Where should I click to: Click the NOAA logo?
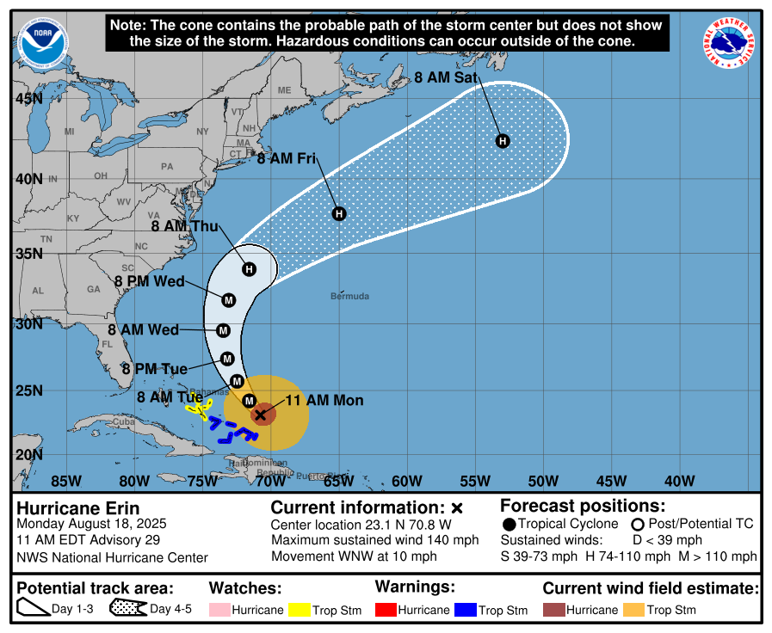(40, 44)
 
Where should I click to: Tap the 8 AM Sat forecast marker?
(503, 141)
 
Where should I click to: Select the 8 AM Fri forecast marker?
(339, 213)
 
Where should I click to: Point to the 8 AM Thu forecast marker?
(249, 269)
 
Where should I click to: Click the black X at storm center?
(261, 415)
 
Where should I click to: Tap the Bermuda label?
(349, 297)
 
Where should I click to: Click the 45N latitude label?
(28, 99)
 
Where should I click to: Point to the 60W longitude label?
(406, 480)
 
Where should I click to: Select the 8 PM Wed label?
(150, 281)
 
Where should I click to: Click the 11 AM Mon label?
(324, 401)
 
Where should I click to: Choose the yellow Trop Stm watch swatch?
(299, 610)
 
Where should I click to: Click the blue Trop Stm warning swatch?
(466, 610)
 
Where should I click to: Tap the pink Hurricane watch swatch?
(219, 610)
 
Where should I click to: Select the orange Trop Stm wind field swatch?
(634, 610)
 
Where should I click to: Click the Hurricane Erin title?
(78, 508)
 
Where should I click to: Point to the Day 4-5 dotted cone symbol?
(127, 610)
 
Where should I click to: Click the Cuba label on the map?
(126, 422)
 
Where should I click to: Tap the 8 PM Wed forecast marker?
(229, 300)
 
